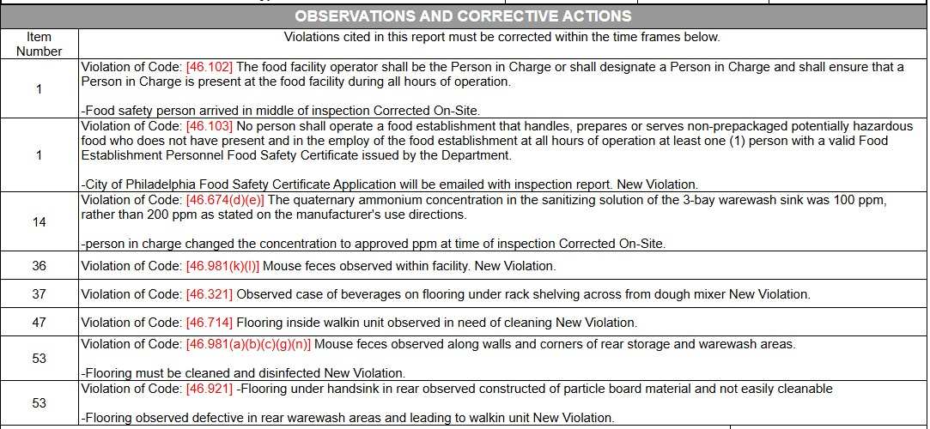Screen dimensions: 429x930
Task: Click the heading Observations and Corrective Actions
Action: (x=463, y=16)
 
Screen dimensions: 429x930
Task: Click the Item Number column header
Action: (x=39, y=44)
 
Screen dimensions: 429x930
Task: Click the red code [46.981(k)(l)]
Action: (x=222, y=266)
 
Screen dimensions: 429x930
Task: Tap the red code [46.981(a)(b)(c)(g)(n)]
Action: (x=248, y=344)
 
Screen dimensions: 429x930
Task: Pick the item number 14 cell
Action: (x=39, y=221)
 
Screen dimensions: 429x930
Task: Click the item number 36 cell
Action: (x=39, y=266)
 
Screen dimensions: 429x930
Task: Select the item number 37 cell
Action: (x=39, y=294)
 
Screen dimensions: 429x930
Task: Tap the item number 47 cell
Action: (x=39, y=323)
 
